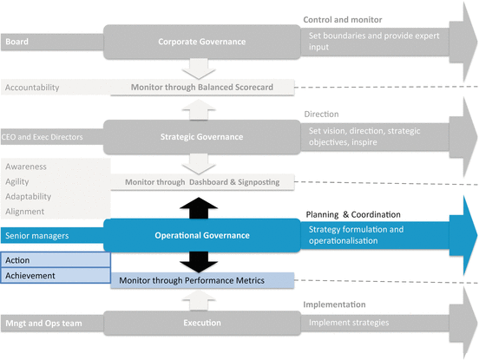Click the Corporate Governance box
[x=201, y=41]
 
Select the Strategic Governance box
[x=201, y=135]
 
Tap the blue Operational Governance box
[x=201, y=234]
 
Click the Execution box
[x=201, y=324]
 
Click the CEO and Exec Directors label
[x=43, y=135]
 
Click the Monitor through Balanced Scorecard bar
[x=200, y=87]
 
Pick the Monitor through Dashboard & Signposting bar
[x=200, y=180]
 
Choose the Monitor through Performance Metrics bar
[x=200, y=280]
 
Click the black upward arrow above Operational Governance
[x=200, y=205]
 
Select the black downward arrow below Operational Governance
[x=200, y=261]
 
